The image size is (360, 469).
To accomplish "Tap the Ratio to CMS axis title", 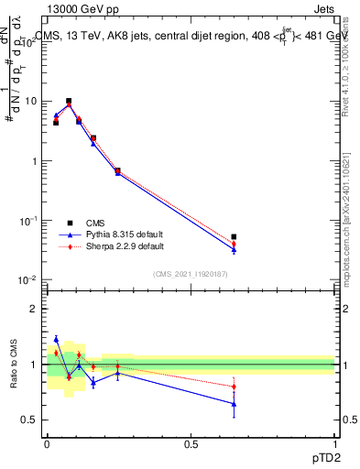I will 14,365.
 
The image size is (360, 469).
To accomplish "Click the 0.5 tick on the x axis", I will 191,443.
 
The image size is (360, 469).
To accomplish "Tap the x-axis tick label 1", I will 334,443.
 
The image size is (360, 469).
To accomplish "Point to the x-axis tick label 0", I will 47,443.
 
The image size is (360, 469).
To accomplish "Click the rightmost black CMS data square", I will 234,237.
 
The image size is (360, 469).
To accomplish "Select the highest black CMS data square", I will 69,101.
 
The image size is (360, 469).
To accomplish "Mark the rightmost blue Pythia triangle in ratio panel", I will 234,403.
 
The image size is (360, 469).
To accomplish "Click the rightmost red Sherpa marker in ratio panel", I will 234,387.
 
